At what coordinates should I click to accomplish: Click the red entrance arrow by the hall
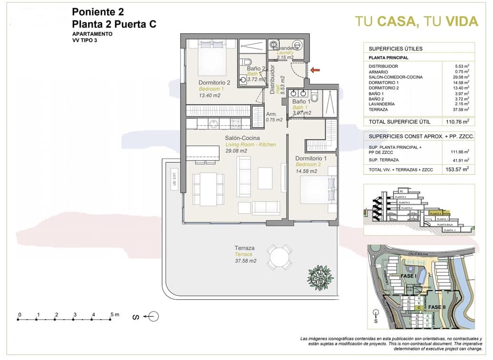315,70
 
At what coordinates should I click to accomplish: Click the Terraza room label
244,248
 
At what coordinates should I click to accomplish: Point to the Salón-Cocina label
242,138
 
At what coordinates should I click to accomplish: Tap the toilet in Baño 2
246,63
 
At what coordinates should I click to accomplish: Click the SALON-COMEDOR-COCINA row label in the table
396,77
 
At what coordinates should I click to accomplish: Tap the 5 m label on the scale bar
114,314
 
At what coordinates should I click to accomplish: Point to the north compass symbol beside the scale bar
153,316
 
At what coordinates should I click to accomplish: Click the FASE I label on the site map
409,275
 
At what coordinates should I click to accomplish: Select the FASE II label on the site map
437,307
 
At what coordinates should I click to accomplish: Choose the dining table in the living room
208,189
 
